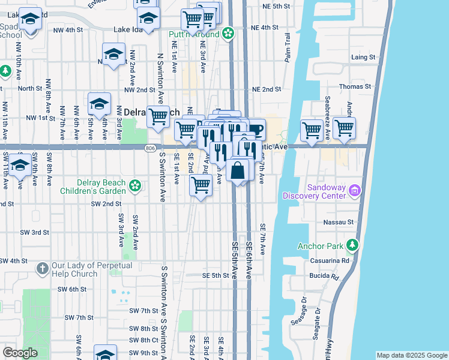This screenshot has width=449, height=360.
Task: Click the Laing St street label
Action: pyautogui.click(x=363, y=57)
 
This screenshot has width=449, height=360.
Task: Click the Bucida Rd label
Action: pyautogui.click(x=325, y=276)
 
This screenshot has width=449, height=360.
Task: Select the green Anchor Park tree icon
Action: pyautogui.click(x=353, y=245)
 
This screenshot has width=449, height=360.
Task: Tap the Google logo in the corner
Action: pyautogui.click(x=20, y=353)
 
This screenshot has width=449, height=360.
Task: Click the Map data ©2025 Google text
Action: pyautogui.click(x=411, y=355)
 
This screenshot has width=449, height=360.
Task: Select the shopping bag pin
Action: pyautogui.click(x=238, y=170)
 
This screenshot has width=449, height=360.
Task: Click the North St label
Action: pyautogui.click(x=29, y=88)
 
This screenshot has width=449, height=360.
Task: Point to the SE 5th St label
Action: pyautogui.click(x=215, y=275)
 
